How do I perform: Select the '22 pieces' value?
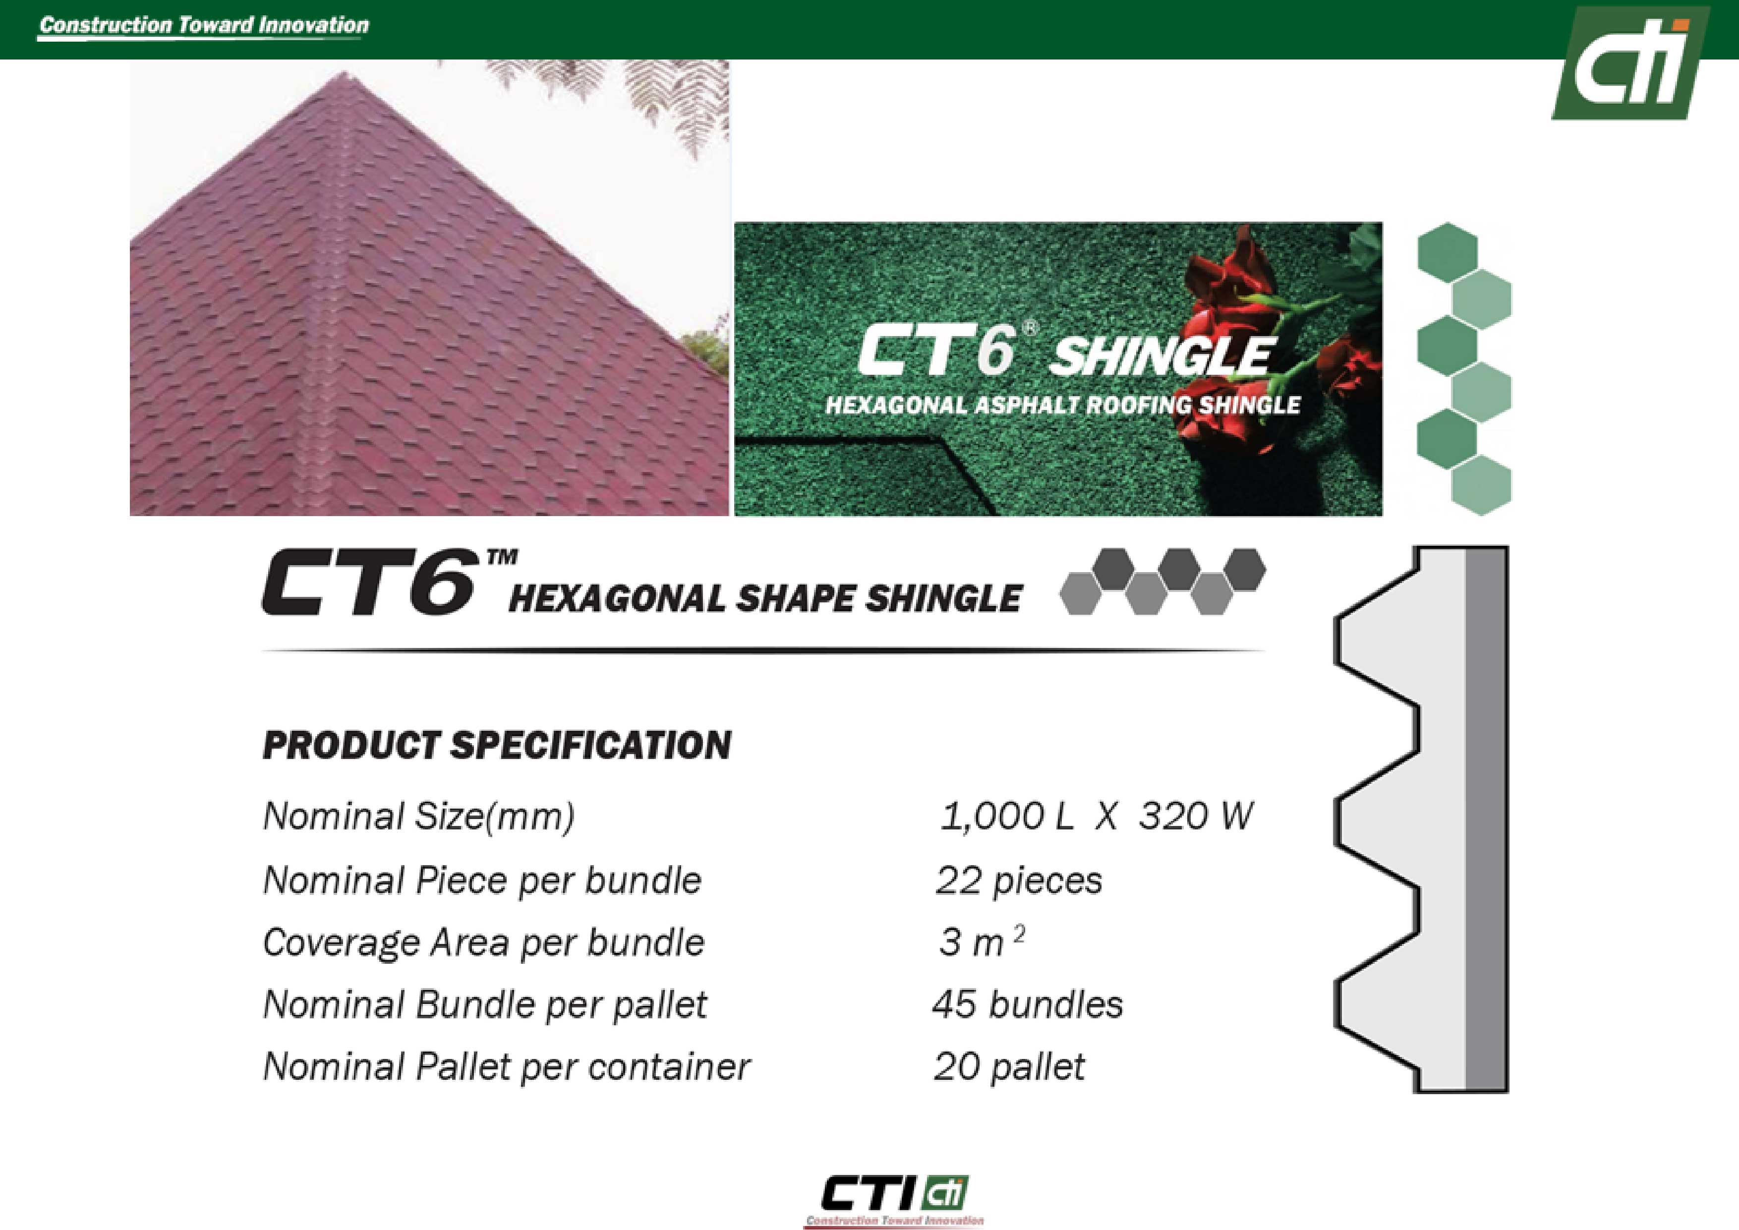coord(1019,880)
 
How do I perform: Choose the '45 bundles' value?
coord(1027,1004)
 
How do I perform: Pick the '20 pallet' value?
coord(1009,1066)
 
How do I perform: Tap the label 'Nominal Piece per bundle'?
coord(482,880)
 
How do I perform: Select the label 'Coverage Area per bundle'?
coord(483,942)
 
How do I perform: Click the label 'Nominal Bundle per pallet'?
coord(485,1004)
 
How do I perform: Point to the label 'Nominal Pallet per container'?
coord(506,1066)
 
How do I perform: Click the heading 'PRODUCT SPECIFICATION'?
coord(497,745)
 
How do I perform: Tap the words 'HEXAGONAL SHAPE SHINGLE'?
coord(765,598)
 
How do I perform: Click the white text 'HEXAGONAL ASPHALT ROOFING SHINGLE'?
coord(1063,405)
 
